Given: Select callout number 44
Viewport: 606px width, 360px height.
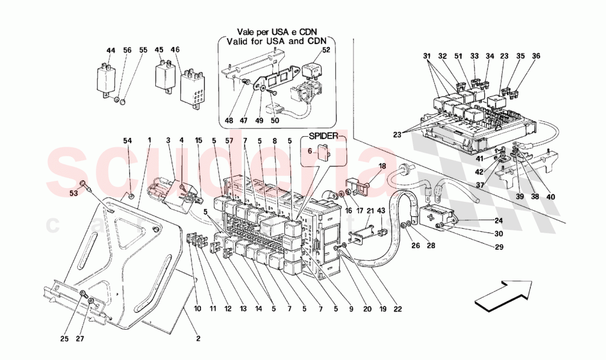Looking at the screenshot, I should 111,51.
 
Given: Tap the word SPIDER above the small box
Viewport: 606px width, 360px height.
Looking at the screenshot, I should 323,135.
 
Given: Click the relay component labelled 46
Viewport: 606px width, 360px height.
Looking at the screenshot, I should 193,87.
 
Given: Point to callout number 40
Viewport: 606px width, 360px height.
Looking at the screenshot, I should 551,197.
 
